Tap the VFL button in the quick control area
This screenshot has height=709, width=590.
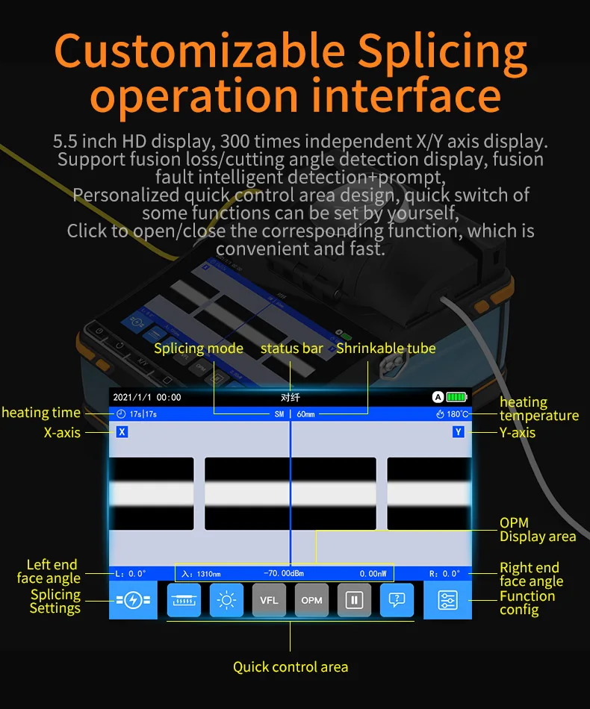point(269,600)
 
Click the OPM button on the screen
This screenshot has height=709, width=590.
point(311,600)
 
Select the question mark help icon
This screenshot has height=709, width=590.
point(397,600)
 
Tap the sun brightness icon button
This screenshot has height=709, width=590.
point(226,600)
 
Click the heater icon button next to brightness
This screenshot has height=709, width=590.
point(184,600)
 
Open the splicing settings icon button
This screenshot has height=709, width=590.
point(133,600)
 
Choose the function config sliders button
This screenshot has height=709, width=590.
point(448,600)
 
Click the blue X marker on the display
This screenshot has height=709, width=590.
point(122,432)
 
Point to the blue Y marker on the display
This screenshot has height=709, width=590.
point(459,432)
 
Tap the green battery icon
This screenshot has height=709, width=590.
point(456,397)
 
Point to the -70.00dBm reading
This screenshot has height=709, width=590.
point(284,574)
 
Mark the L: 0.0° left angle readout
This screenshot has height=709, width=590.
point(131,574)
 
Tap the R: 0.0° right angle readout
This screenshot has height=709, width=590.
point(445,574)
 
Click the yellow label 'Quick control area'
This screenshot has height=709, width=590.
point(291,666)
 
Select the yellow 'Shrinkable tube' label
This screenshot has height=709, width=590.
point(385,349)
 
